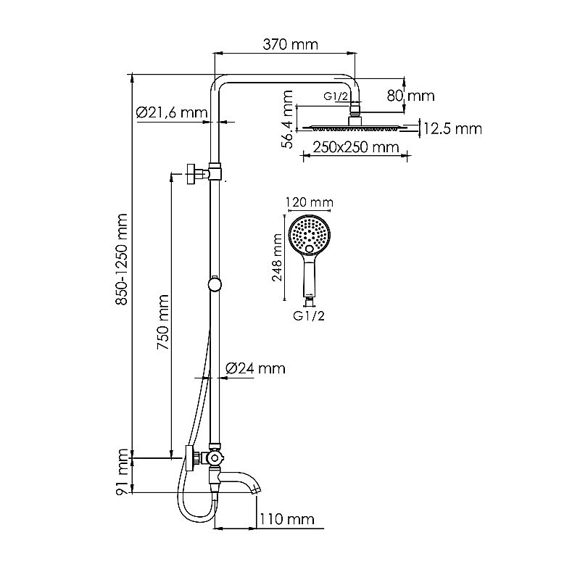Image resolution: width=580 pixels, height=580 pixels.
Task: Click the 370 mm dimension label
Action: coord(289,44)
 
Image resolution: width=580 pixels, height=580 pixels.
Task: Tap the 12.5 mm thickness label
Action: coord(452,129)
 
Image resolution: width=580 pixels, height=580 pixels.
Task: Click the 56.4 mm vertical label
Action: coord(288,120)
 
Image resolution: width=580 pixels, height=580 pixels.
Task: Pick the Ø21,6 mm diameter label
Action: coord(171,112)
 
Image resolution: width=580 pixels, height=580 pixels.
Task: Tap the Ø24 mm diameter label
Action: coord(255,368)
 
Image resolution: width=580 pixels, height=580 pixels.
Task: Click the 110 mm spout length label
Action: coord(288,519)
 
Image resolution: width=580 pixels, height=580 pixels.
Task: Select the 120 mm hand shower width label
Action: coord(310,202)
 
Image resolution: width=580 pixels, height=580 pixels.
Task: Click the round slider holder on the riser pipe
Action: coord(214,283)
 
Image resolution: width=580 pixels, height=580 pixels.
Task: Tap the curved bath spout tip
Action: coord(254,489)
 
